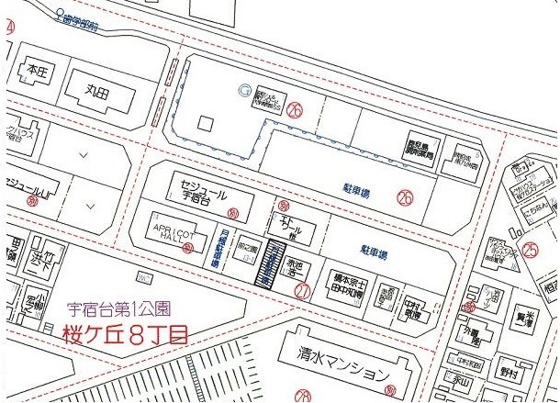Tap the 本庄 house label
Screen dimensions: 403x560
click(36, 69)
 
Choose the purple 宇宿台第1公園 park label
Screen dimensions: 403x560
click(118, 309)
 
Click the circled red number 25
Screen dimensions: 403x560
click(531, 247)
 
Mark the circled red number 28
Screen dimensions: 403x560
click(303, 397)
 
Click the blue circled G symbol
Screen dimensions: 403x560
click(244, 89)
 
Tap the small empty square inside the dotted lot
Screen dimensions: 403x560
click(206, 122)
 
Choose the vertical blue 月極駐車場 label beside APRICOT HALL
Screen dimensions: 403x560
click(214, 249)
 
